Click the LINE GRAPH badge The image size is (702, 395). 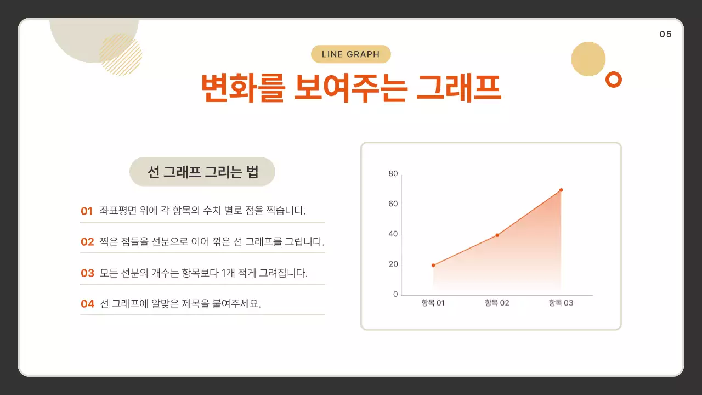pos(351,54)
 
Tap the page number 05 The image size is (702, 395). pos(665,34)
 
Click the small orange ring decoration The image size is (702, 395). pos(613,80)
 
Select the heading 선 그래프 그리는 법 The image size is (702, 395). pos(202,172)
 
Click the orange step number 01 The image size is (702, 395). pos(87,211)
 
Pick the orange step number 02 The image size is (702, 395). pos(87,242)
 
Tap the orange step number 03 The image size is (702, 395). pos(87,273)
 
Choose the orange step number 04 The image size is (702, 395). pos(87,304)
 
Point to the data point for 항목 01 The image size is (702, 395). pos(433,266)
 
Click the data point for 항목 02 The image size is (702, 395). pos(497,235)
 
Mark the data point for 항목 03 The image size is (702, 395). pos(561,190)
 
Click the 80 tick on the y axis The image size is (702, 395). pos(393,174)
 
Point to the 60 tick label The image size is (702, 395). pos(393,204)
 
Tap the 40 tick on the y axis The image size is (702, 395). pos(393,234)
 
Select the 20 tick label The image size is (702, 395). pos(393,264)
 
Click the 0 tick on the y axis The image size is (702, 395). pos(395,295)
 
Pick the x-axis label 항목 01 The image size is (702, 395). pos(433,303)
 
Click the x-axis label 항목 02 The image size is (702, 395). pos(497,303)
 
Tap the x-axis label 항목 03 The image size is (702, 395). pos(561,303)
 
